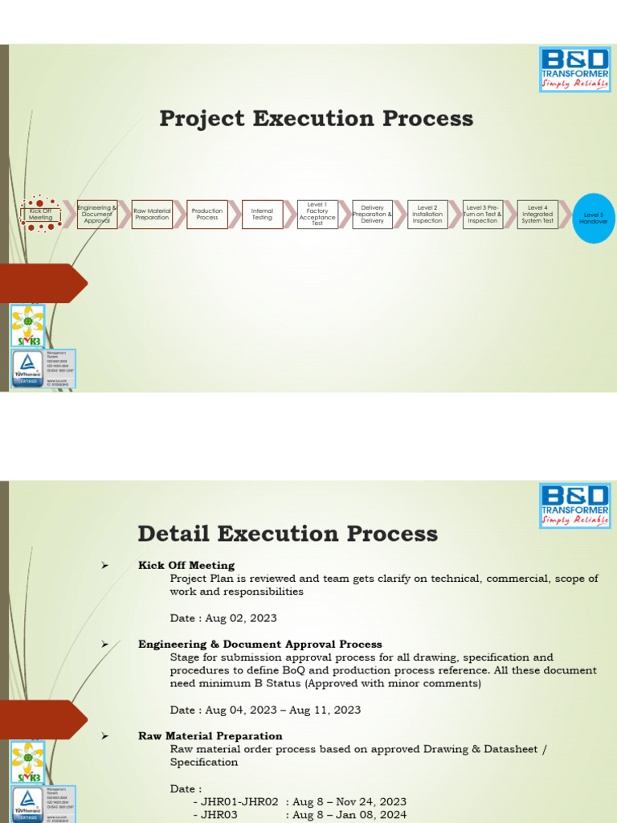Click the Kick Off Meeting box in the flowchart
point(40,215)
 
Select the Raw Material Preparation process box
point(152,215)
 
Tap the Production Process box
point(207,215)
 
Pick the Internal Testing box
point(262,215)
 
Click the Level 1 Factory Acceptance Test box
point(317,215)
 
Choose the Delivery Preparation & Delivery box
point(373,215)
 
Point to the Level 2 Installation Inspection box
point(427,215)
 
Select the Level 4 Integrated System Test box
point(537,215)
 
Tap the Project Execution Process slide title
point(316,119)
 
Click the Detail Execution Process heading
point(288,534)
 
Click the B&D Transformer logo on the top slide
point(574,71)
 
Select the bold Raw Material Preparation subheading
point(210,736)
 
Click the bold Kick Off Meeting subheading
point(186,565)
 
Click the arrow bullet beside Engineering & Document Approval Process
point(105,645)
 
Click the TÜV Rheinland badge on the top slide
point(27,368)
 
